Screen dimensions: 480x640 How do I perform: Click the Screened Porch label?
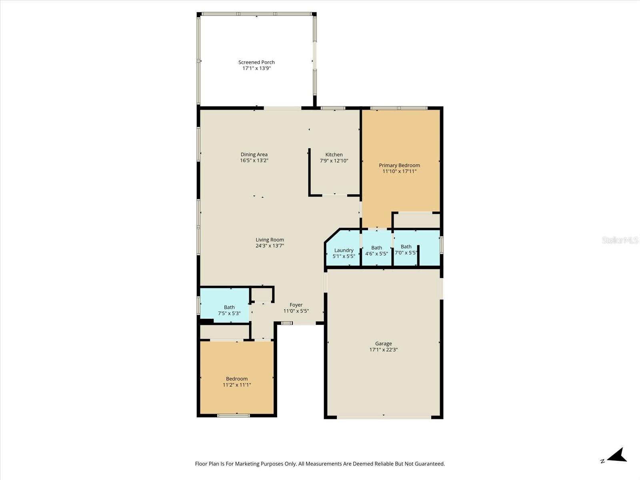point(256,62)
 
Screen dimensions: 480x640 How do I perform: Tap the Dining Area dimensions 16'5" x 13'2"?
point(254,160)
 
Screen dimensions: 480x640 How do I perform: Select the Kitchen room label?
point(334,154)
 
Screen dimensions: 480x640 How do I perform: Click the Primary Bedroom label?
point(399,165)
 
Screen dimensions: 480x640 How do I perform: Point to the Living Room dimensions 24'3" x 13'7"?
point(270,246)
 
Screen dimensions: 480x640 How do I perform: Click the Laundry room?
point(344,253)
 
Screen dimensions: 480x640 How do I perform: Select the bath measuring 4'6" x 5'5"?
point(376,250)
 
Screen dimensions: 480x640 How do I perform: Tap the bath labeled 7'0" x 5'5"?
point(406,250)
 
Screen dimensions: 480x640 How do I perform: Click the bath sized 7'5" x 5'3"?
point(229,310)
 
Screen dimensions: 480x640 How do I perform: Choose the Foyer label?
point(296,305)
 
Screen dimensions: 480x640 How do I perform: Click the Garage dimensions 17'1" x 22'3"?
point(383,350)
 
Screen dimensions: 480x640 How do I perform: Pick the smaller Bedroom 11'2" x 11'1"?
point(237,382)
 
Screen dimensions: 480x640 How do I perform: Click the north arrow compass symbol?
point(618,456)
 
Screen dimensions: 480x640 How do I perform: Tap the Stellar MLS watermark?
point(620,240)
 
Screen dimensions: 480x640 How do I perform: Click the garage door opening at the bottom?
point(384,417)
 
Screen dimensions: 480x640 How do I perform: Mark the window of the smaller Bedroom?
point(234,416)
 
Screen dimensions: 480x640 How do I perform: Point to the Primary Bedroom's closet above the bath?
point(416,220)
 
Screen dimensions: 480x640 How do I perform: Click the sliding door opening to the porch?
point(282,108)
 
